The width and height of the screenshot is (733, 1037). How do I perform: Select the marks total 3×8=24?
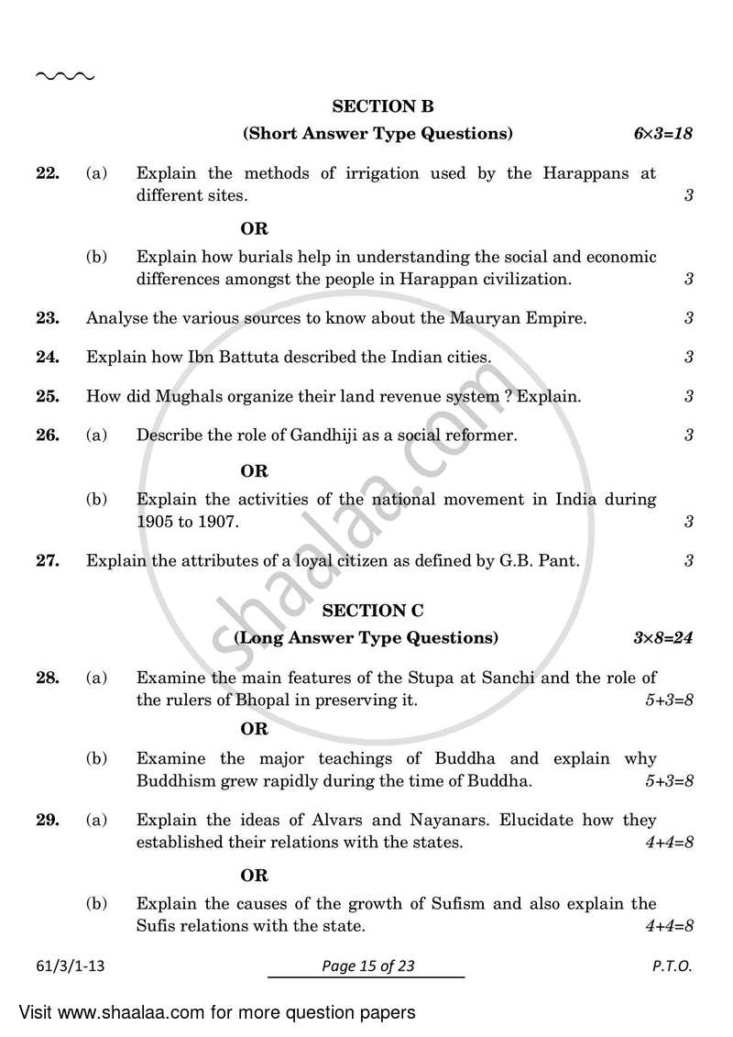660,638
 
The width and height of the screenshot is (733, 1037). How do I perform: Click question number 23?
48,318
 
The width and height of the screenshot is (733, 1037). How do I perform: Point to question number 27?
48,560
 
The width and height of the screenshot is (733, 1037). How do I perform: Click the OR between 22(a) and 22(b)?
254,229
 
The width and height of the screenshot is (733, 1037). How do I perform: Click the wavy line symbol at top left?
64,76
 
